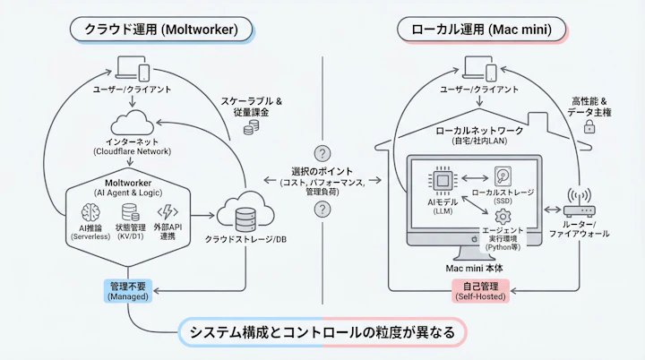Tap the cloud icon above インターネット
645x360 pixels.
tap(133, 124)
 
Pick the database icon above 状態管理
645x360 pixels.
tap(130, 211)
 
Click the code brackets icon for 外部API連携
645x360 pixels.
tap(168, 211)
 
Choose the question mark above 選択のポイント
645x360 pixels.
tap(322, 152)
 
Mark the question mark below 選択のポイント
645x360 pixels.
tap(322, 210)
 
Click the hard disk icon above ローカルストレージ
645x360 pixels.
tap(503, 177)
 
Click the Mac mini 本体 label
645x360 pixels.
tap(480, 269)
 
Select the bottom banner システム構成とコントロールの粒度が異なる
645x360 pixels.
tap(322, 332)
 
